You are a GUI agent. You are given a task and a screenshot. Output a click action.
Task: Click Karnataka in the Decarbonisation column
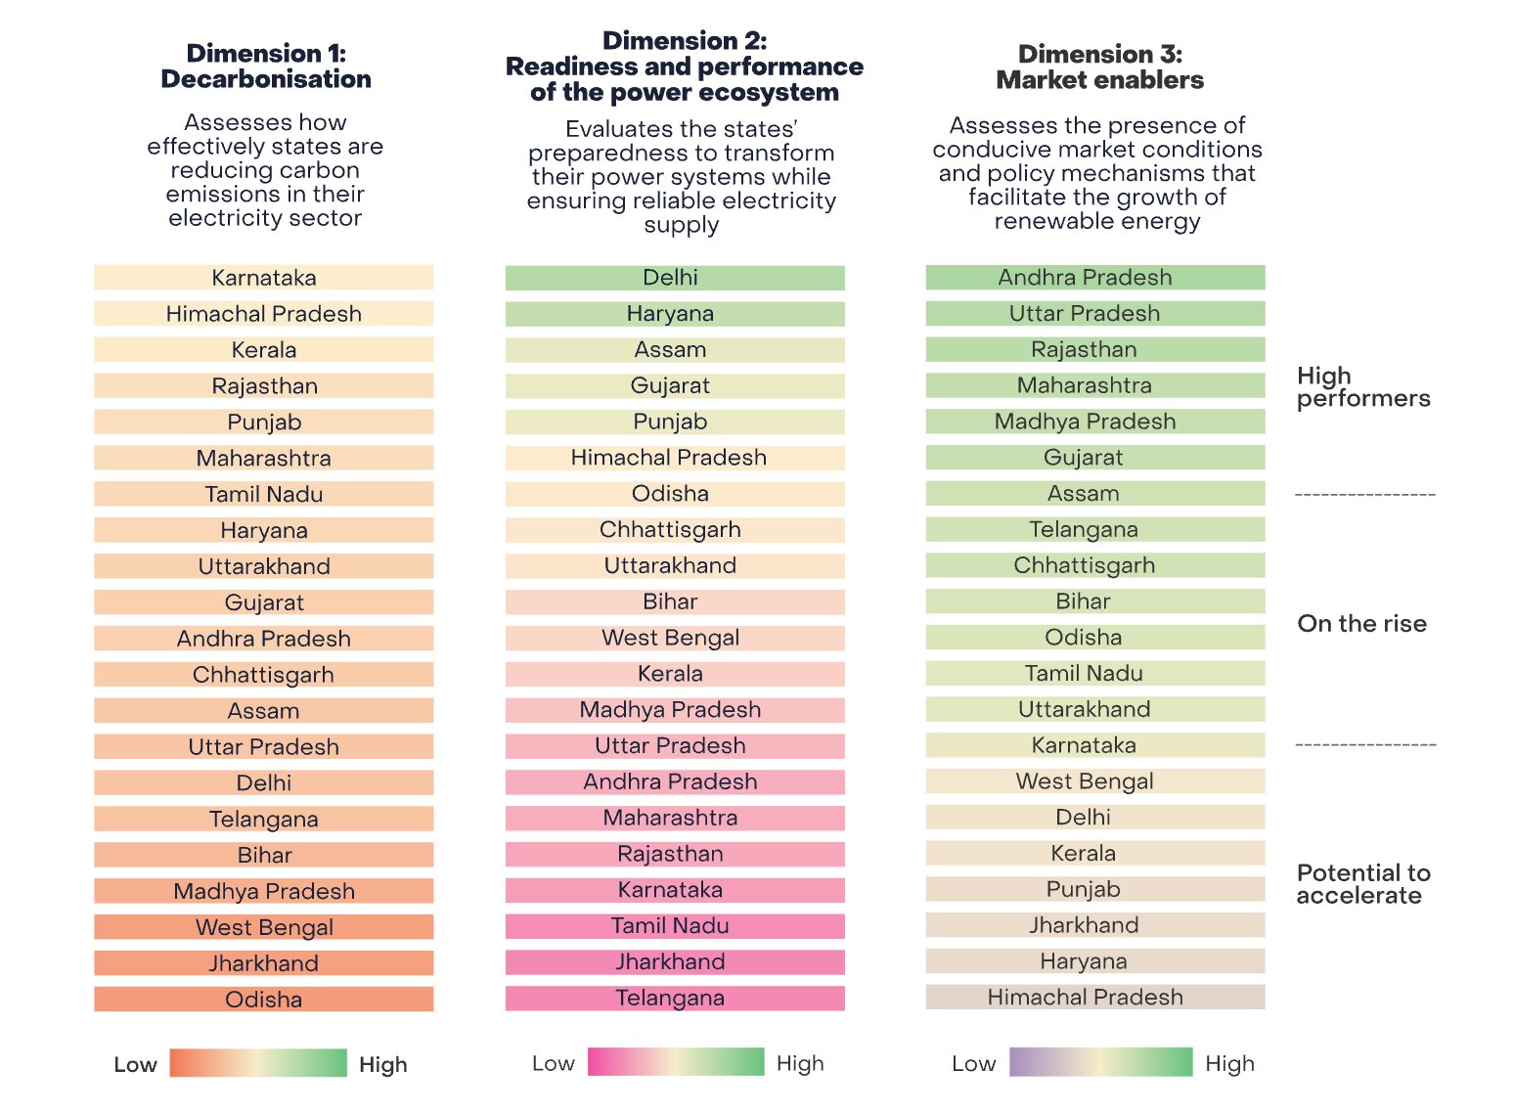264,278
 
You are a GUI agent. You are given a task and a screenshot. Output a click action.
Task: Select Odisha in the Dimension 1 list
264,1000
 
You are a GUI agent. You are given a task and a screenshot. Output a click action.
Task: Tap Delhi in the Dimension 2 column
671,278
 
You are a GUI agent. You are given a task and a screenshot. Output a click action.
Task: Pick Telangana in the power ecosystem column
671,999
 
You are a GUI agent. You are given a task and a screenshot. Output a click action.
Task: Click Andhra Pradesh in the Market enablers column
1085,278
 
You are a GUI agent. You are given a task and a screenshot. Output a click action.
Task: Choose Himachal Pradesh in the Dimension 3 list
1085,998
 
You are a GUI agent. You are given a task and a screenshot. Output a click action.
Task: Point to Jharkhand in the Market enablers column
1084,925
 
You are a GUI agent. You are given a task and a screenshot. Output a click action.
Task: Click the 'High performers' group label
1362,387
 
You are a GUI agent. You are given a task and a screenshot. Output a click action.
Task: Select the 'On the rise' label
1361,624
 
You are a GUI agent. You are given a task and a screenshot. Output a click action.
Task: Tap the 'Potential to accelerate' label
1362,884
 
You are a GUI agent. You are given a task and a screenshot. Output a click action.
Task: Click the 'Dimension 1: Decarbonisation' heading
266,67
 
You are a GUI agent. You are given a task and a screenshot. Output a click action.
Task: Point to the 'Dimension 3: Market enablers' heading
1099,67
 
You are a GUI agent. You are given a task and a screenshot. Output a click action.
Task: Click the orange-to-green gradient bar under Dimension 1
258,1063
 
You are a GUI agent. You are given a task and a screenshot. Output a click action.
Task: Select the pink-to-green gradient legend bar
676,1062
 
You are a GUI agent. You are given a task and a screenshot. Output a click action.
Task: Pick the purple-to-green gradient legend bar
1100,1062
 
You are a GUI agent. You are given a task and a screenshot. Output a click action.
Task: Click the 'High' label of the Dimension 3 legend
1229,1064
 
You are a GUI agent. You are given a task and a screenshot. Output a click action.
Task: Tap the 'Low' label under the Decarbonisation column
135,1065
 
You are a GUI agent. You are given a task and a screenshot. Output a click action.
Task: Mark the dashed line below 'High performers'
1365,495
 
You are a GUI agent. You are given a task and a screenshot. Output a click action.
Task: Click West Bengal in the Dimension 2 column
671,639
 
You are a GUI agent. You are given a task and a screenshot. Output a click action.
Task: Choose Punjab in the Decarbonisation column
264,423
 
